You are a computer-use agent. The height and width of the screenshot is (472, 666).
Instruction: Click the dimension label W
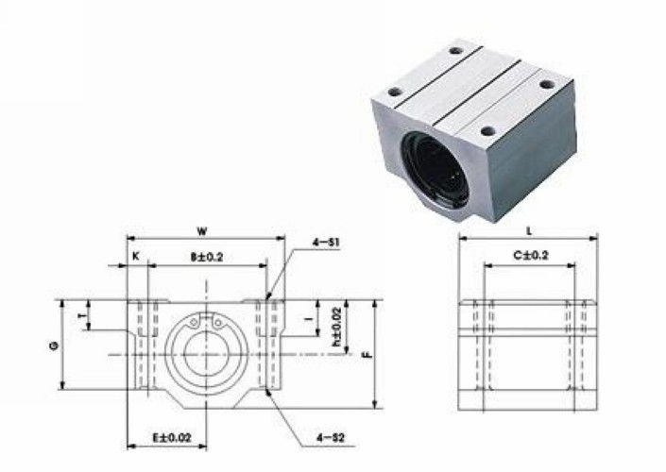(202, 231)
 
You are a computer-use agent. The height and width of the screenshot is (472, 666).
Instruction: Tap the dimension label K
(136, 257)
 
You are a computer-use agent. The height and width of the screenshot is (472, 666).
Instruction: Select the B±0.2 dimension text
(207, 257)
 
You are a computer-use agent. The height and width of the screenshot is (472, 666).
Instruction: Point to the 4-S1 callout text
(326, 243)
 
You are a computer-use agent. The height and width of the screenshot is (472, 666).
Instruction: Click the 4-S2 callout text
(331, 437)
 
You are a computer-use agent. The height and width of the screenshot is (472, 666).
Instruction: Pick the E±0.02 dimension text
(172, 437)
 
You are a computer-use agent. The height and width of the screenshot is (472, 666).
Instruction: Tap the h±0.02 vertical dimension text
(337, 326)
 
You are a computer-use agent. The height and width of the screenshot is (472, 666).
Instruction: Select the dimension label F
(367, 354)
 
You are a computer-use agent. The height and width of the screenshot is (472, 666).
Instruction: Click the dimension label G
(54, 346)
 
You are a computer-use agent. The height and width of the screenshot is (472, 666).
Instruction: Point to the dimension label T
(82, 316)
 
